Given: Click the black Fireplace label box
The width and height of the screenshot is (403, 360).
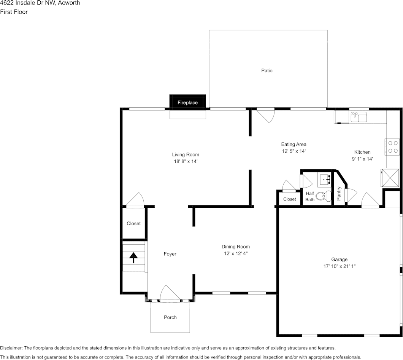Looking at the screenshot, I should pyautogui.click(x=187, y=102).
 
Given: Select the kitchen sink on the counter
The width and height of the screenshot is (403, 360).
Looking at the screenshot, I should pyautogui.click(x=359, y=116).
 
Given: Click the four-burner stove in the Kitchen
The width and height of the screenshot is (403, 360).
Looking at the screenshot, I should pyautogui.click(x=393, y=147).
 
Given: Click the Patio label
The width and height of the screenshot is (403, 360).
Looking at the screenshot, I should pyautogui.click(x=267, y=70).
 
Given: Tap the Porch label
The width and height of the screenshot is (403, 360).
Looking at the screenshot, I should pyautogui.click(x=170, y=317).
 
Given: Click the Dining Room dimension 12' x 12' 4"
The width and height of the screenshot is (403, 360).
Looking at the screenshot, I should pyautogui.click(x=236, y=253).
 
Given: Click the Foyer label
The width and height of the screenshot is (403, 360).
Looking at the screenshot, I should pyautogui.click(x=170, y=254).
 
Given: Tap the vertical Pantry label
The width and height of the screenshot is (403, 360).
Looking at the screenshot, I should pyautogui.click(x=339, y=193).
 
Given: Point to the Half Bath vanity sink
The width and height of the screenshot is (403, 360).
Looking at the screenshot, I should pyautogui.click(x=325, y=178).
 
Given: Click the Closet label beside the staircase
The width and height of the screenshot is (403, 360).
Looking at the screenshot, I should pyautogui.click(x=133, y=223).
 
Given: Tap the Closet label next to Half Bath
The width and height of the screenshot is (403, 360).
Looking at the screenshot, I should pyautogui.click(x=289, y=199).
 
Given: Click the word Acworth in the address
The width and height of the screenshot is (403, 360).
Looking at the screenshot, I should pyautogui.click(x=69, y=3).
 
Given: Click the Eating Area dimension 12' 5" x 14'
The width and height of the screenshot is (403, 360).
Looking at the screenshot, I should pyautogui.click(x=294, y=151).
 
